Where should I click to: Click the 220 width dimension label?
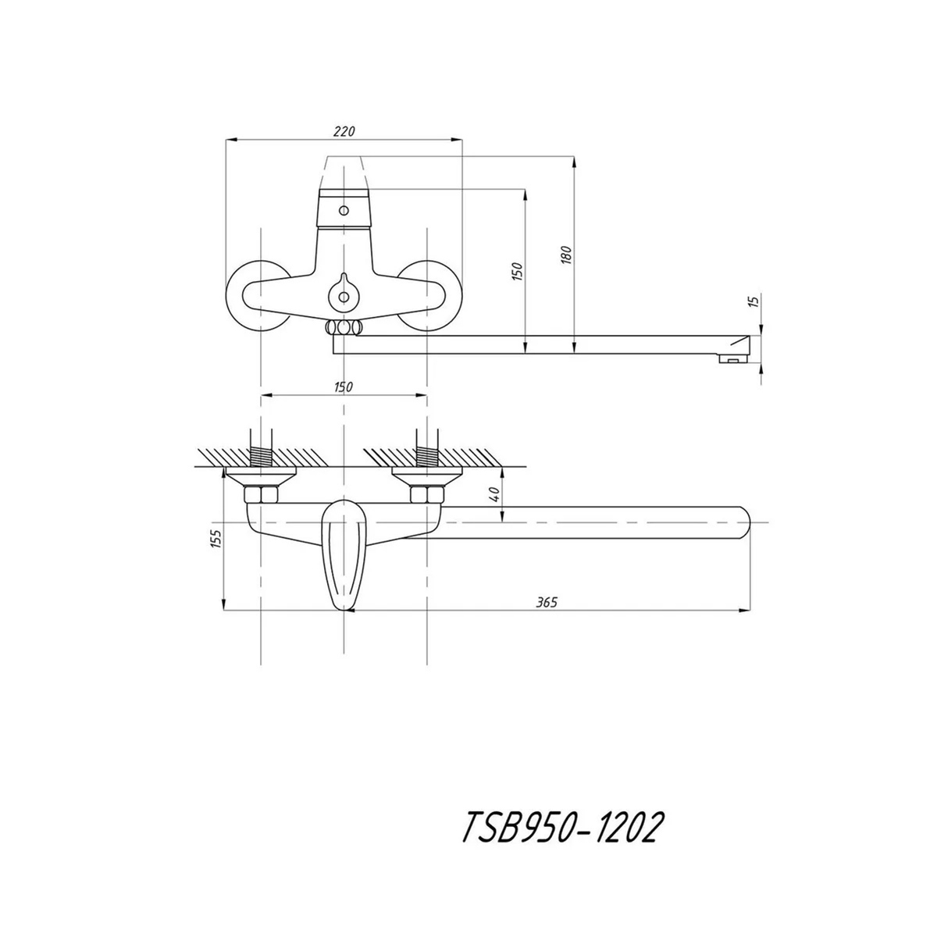(x=344, y=132)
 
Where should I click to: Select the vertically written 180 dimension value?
(x=567, y=254)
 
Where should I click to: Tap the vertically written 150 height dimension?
(x=516, y=271)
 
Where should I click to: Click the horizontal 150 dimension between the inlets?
(x=344, y=387)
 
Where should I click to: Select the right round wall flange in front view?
(x=444, y=297)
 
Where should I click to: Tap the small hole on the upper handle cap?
(x=343, y=210)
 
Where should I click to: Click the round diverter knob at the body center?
(x=343, y=295)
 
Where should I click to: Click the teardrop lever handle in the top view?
(x=344, y=554)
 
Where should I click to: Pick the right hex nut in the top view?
(x=427, y=494)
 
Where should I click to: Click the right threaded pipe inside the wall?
(x=427, y=454)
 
